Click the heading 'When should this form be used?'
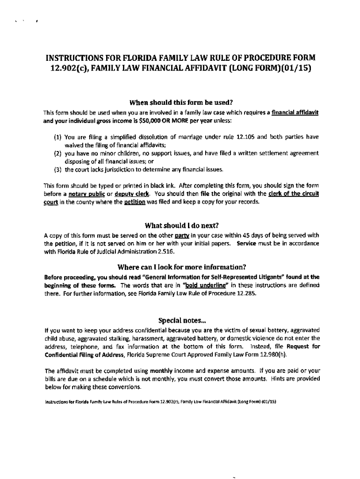coord(180,103)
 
